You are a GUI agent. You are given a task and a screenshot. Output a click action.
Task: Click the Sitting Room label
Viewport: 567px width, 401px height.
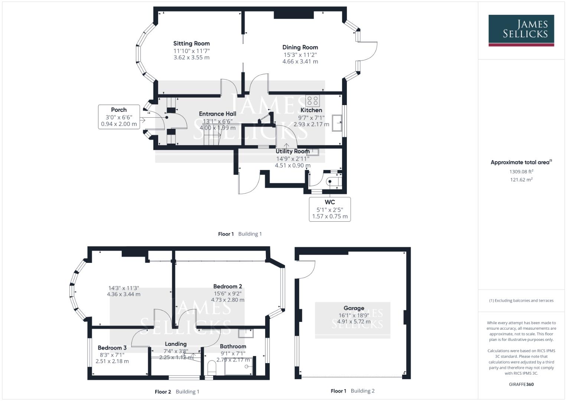click(191, 43)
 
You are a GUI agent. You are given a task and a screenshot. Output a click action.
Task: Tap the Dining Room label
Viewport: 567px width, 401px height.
click(300, 47)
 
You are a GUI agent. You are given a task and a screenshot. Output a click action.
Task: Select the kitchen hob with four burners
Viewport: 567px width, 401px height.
click(313, 101)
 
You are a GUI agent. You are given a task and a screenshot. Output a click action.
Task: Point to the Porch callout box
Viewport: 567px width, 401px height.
click(119, 117)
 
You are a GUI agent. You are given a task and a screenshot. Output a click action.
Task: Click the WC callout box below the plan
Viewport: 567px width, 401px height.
click(330, 209)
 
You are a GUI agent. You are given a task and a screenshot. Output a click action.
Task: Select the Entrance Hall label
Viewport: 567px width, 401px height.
click(217, 114)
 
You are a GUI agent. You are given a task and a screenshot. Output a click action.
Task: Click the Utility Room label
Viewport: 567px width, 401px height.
click(293, 151)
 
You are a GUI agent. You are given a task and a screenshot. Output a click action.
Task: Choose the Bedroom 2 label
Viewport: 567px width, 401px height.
click(228, 286)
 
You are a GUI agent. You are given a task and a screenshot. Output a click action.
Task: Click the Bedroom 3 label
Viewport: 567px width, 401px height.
click(112, 348)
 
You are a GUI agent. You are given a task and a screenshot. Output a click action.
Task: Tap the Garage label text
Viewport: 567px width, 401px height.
click(353, 308)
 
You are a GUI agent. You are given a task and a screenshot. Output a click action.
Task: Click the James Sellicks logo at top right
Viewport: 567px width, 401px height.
click(521, 30)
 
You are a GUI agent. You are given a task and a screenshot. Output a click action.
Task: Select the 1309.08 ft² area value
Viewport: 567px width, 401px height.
click(521, 172)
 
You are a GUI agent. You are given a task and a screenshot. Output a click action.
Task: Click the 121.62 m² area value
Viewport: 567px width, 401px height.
click(521, 180)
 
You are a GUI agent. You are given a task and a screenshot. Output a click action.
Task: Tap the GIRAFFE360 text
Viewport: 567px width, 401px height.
click(521, 384)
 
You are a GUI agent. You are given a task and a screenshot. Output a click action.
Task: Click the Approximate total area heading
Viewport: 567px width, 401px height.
click(521, 162)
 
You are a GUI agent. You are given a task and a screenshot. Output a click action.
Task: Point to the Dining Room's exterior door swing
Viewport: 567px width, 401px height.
click(368, 51)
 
